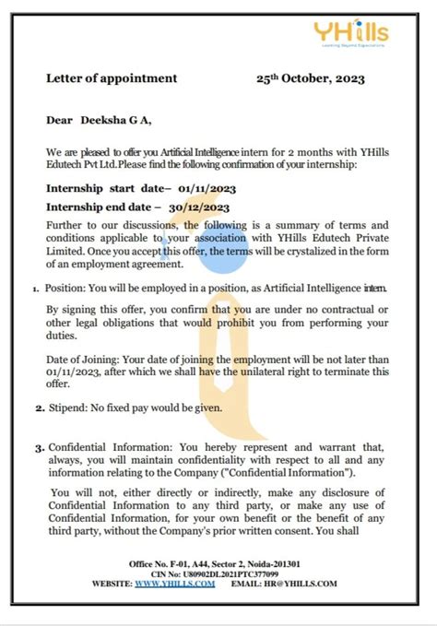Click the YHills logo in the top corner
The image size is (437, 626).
point(364,34)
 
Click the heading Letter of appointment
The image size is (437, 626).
point(112,78)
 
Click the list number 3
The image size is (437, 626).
point(40,447)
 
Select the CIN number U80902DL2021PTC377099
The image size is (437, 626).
point(232,573)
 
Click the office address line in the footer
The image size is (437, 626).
point(219,563)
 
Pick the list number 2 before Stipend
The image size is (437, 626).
point(40,407)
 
